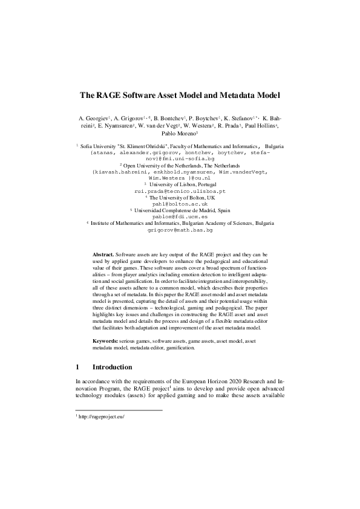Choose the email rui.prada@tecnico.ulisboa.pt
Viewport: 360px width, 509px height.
[180, 190]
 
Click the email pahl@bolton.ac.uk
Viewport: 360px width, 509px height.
[180, 205]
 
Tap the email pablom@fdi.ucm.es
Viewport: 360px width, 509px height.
[180, 216]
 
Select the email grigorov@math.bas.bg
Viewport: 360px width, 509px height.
[180, 230]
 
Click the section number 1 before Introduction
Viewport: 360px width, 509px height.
[77, 367]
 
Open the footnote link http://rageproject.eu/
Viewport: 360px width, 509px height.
[101, 416]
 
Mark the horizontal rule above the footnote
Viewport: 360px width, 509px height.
[119, 410]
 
